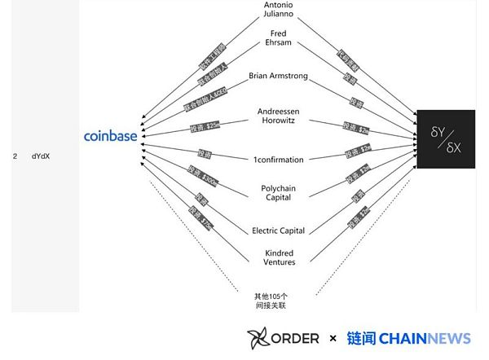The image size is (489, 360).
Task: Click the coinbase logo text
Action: click(x=110, y=136)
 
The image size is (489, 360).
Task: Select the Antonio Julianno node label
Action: click(x=278, y=10)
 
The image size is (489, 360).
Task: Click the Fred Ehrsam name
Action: click(x=278, y=39)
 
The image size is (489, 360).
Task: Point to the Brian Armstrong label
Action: click(x=278, y=76)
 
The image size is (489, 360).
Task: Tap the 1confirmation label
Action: click(x=278, y=159)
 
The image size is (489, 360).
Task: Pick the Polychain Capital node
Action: click(x=278, y=193)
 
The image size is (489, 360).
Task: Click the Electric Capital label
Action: click(x=278, y=230)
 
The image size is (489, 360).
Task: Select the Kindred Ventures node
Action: click(x=278, y=257)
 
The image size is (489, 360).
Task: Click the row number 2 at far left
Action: click(x=15, y=156)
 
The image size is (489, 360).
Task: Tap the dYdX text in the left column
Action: click(x=41, y=156)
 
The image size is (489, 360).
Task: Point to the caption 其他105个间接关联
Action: click(x=270, y=301)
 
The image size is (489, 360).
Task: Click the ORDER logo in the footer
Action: click(x=283, y=338)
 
